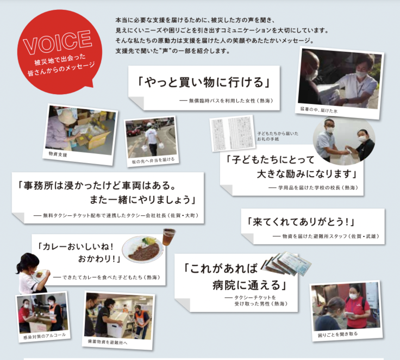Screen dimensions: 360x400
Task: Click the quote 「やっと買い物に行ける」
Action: (x=204, y=83)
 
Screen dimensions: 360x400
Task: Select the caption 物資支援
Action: (x=58, y=155)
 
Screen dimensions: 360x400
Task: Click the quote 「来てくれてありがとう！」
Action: (x=299, y=222)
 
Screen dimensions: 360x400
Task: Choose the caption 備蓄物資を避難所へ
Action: (x=108, y=342)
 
